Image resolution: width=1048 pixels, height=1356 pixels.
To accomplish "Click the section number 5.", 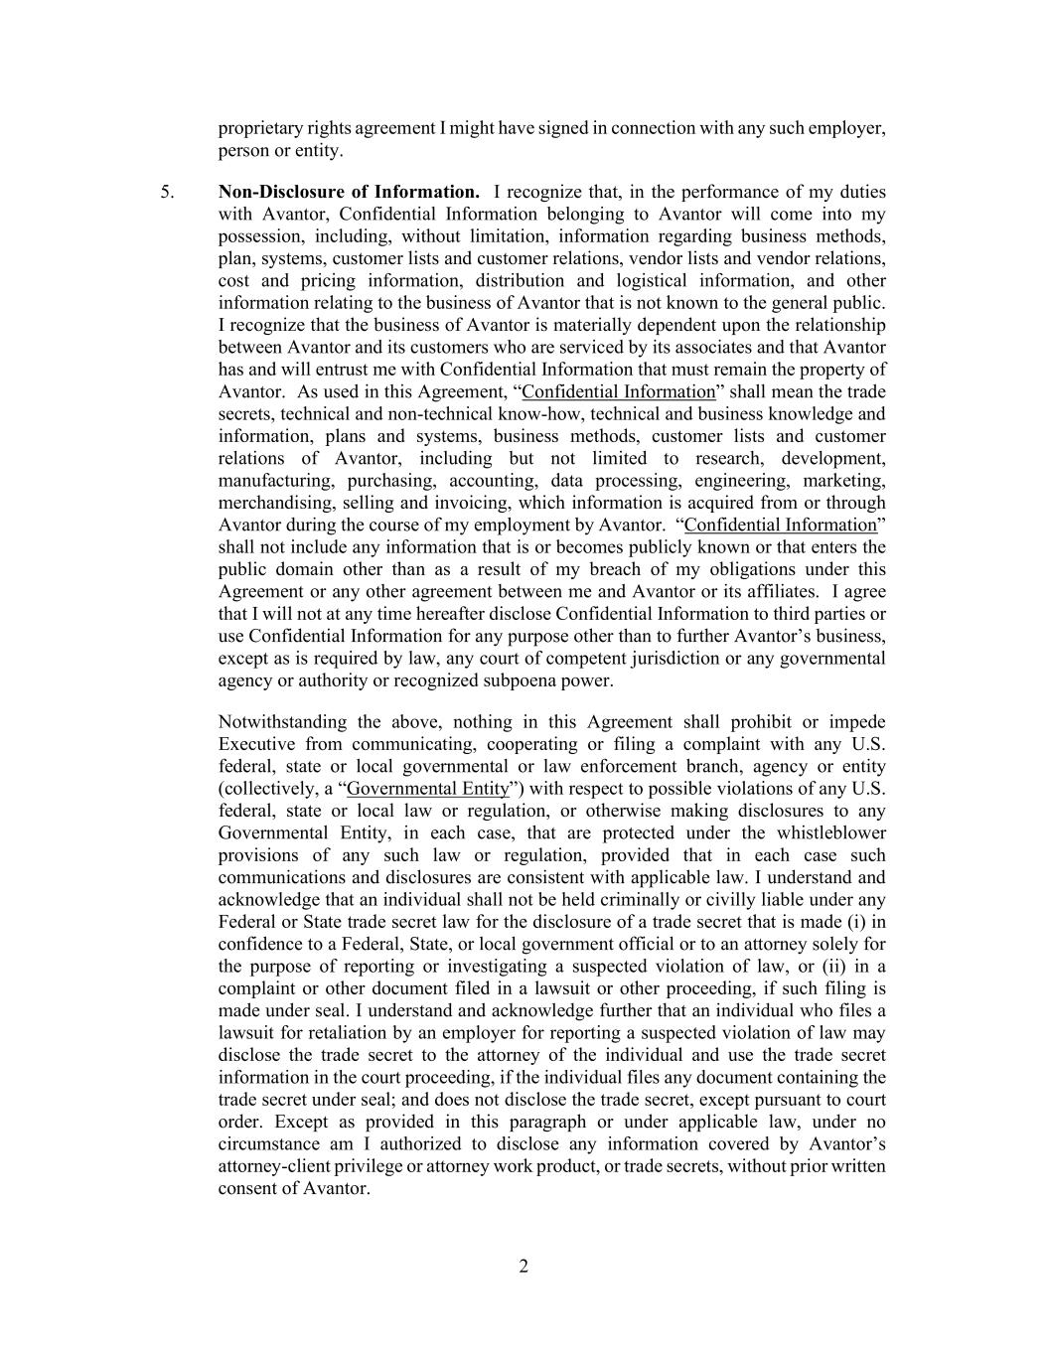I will [167, 192].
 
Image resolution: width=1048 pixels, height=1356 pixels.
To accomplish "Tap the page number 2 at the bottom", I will [524, 1266].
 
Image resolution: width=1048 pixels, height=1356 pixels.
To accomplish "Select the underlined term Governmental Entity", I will [428, 789].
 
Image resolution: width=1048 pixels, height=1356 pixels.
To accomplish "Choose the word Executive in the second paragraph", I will [256, 744].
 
